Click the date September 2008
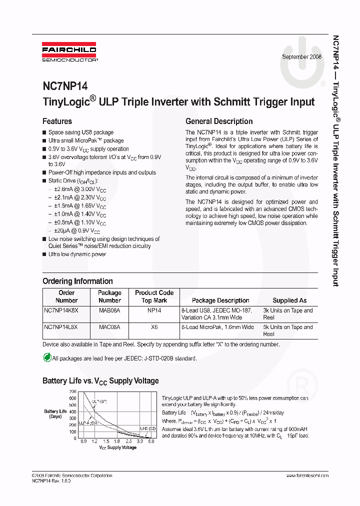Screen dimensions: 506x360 pos(301,57)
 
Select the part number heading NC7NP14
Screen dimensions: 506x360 pos(65,85)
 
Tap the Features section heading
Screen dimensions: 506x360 pos(57,121)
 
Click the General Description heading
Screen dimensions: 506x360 pos(219,121)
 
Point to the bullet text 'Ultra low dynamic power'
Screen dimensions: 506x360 pos(77,254)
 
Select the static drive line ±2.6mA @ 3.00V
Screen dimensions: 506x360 pos(80,189)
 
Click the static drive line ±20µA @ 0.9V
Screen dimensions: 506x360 pos(77,230)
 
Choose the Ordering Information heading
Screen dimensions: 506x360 pos(77,281)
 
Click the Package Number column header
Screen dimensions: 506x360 pos(109,296)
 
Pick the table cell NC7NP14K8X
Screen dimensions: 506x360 pos(61,310)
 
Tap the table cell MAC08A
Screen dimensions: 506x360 pos(109,327)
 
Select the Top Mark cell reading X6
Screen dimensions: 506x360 pos(154,327)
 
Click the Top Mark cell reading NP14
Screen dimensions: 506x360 pos(154,310)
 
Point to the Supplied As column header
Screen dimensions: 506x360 pos(289,300)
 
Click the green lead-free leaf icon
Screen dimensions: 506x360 pos(47,358)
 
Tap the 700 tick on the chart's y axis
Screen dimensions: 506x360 pos(72,391)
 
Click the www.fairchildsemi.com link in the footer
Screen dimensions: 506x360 pos(307,475)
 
